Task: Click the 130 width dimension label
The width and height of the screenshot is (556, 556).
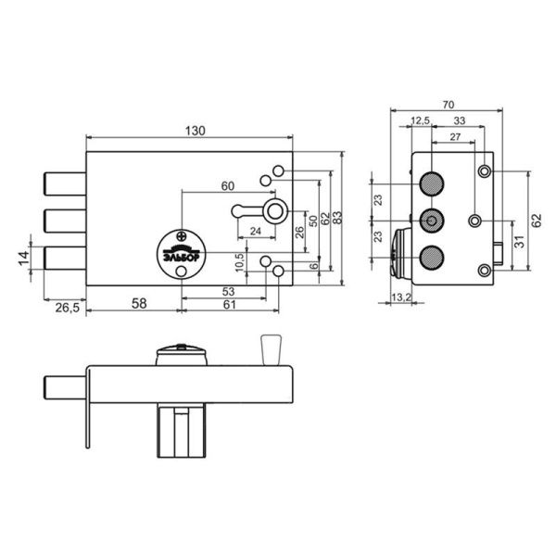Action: pyautogui.click(x=195, y=131)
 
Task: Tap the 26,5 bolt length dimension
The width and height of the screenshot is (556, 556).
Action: pyautogui.click(x=68, y=308)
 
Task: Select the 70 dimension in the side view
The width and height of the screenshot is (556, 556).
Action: pyautogui.click(x=449, y=105)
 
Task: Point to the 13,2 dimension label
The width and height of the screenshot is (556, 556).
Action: pyautogui.click(x=401, y=297)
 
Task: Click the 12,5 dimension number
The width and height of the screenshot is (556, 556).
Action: pyautogui.click(x=420, y=120)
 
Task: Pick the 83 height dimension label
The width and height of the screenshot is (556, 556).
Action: pyautogui.click(x=337, y=218)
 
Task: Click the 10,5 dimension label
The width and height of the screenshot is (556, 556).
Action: pyautogui.click(x=240, y=261)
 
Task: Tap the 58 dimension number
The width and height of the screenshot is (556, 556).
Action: pyautogui.click(x=139, y=304)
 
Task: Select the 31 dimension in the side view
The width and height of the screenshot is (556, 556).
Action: pyautogui.click(x=520, y=242)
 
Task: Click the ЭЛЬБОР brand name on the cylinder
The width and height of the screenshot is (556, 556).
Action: pyautogui.click(x=182, y=257)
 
